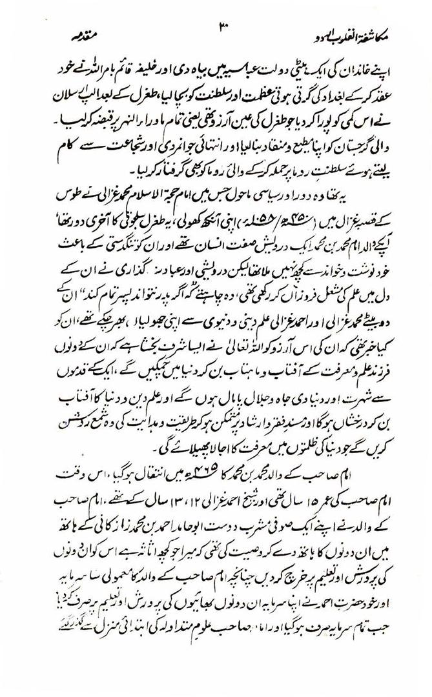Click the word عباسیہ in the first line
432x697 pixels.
pos(247,66)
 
